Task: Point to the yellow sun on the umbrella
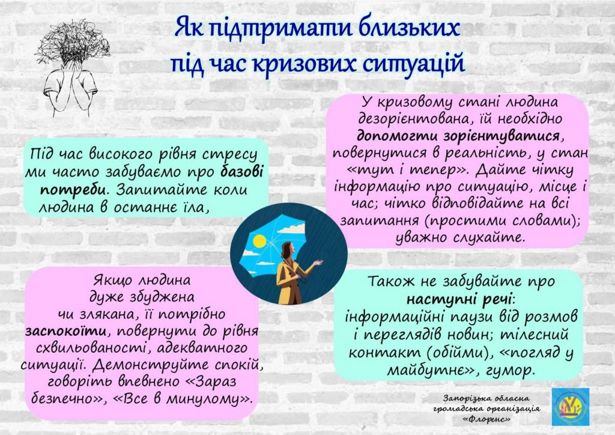[x=259, y=241]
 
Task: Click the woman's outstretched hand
[x=318, y=263]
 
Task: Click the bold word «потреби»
[x=73, y=189]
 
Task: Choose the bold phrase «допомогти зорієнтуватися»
[x=458, y=136]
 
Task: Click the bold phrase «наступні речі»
[x=459, y=299]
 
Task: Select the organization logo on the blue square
[x=571, y=407]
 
